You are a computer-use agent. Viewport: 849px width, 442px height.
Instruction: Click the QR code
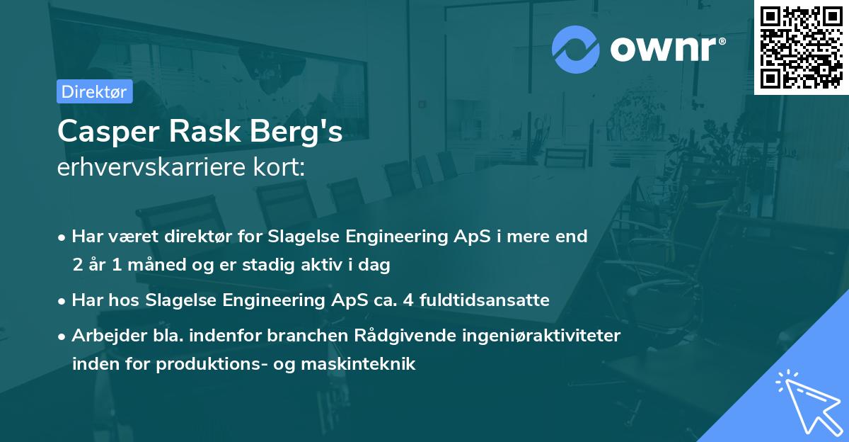coord(801,47)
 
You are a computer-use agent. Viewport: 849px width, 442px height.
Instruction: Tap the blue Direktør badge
coord(95,91)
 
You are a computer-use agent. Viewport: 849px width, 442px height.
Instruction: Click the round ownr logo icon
coord(576,48)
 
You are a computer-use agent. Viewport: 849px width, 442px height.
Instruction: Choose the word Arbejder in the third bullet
coord(103,336)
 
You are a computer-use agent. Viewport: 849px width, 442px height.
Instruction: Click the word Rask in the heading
coord(200,132)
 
